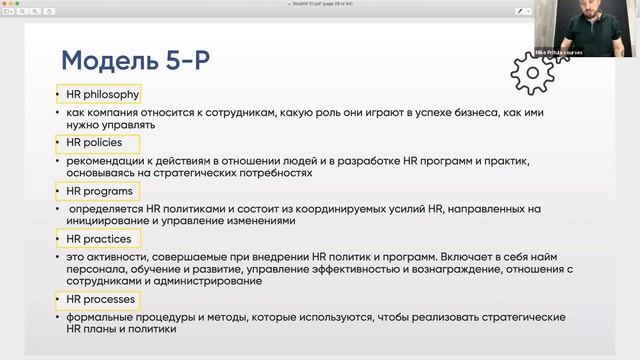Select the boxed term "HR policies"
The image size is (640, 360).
pyautogui.click(x=94, y=143)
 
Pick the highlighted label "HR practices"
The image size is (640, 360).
pyautogui.click(x=97, y=238)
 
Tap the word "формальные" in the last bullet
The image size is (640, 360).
pyautogui.click(x=100, y=316)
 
